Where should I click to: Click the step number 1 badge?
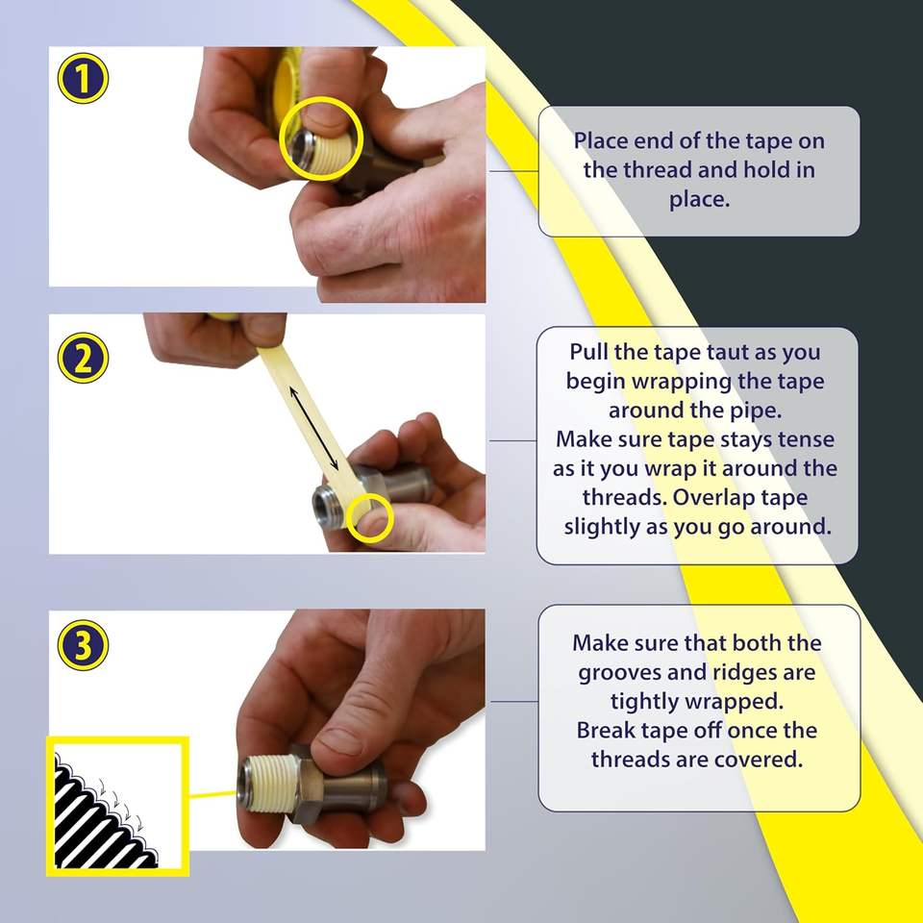pos(83,78)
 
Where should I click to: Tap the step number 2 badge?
pos(83,358)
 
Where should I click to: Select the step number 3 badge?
pos(83,644)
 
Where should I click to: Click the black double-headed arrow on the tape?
pos(313,428)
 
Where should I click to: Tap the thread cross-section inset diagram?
pos(117,806)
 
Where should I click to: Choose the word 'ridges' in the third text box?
pos(723,673)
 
